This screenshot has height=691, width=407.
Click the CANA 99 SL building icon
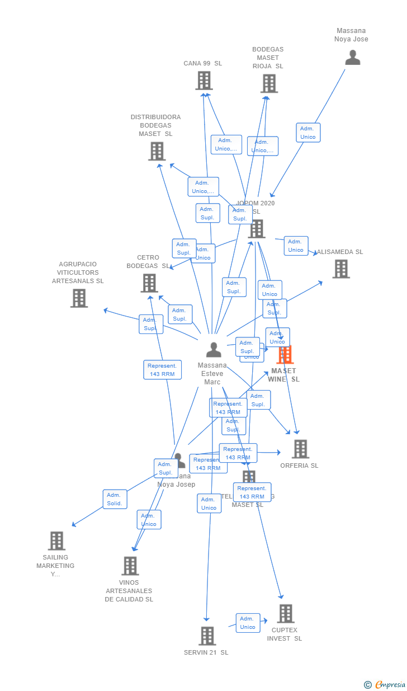[x=204, y=81]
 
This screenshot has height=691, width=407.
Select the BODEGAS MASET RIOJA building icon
[x=269, y=83]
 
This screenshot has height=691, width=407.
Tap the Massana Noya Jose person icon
[x=352, y=58]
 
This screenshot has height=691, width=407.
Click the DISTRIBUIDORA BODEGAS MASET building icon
[x=157, y=151]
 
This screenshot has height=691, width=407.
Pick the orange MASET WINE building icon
[x=285, y=355]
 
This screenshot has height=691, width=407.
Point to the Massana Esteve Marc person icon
[x=214, y=350]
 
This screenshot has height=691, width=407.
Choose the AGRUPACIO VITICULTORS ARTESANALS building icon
[x=79, y=298]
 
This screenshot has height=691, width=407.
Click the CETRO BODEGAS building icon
[x=149, y=283]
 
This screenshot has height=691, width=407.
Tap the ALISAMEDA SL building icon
[x=341, y=269]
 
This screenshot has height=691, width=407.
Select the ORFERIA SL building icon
[x=300, y=449]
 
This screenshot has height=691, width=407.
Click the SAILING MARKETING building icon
[x=56, y=541]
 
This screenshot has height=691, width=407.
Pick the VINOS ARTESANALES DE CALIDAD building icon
[x=130, y=566]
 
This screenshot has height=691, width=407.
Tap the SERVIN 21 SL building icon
[x=207, y=636]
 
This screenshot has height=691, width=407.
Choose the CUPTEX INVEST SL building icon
[x=286, y=613]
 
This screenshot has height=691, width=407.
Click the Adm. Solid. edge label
[x=115, y=499]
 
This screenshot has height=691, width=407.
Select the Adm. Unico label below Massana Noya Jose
[x=308, y=133]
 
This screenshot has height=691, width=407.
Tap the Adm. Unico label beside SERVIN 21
[x=248, y=623]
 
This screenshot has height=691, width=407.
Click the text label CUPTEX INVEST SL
[x=285, y=634]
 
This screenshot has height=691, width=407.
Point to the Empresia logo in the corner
[x=386, y=684]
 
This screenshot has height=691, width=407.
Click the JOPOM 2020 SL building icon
[x=257, y=229]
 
